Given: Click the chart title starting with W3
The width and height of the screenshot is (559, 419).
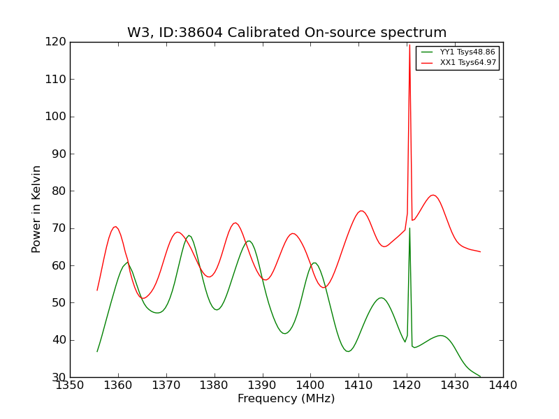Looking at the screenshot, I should pyautogui.click(x=286, y=33).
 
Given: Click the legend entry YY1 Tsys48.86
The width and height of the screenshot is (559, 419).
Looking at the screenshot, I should pyautogui.click(x=467, y=52).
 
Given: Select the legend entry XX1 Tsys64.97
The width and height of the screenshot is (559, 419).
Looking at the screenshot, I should pyautogui.click(x=467, y=63).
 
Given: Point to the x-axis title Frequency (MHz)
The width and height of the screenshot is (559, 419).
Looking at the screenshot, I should pyautogui.click(x=286, y=399).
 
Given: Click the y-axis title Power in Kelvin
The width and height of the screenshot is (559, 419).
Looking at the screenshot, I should pyautogui.click(x=37, y=209).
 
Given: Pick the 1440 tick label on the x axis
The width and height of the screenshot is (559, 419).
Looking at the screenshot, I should pyautogui.click(x=503, y=385).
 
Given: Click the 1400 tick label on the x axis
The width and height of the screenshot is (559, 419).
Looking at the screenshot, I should pyautogui.click(x=310, y=385).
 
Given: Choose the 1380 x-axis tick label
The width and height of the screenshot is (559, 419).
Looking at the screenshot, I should pyautogui.click(x=215, y=385).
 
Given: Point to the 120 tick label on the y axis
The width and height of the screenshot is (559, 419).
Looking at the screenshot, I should pyautogui.click(x=57, y=42).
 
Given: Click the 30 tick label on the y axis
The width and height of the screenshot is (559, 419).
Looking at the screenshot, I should pyautogui.click(x=59, y=377).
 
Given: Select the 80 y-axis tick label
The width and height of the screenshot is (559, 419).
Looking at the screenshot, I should pyautogui.click(x=59, y=191).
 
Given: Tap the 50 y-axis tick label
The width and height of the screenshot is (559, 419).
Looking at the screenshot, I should pyautogui.click(x=59, y=302).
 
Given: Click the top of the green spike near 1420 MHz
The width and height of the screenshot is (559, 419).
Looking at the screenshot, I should pyautogui.click(x=409, y=228).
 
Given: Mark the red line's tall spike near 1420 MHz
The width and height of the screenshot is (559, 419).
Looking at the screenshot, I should pyautogui.click(x=409, y=46).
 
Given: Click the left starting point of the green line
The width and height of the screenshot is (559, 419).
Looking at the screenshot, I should pyautogui.click(x=97, y=351).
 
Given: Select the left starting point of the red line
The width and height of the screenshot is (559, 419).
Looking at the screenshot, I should pyautogui.click(x=97, y=290).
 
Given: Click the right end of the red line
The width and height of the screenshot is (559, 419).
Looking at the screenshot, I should pyautogui.click(x=480, y=251).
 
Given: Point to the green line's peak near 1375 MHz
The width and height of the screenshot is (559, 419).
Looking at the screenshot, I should pyautogui.click(x=189, y=235).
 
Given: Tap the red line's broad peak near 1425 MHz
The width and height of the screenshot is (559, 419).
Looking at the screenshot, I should pyautogui.click(x=433, y=195).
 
